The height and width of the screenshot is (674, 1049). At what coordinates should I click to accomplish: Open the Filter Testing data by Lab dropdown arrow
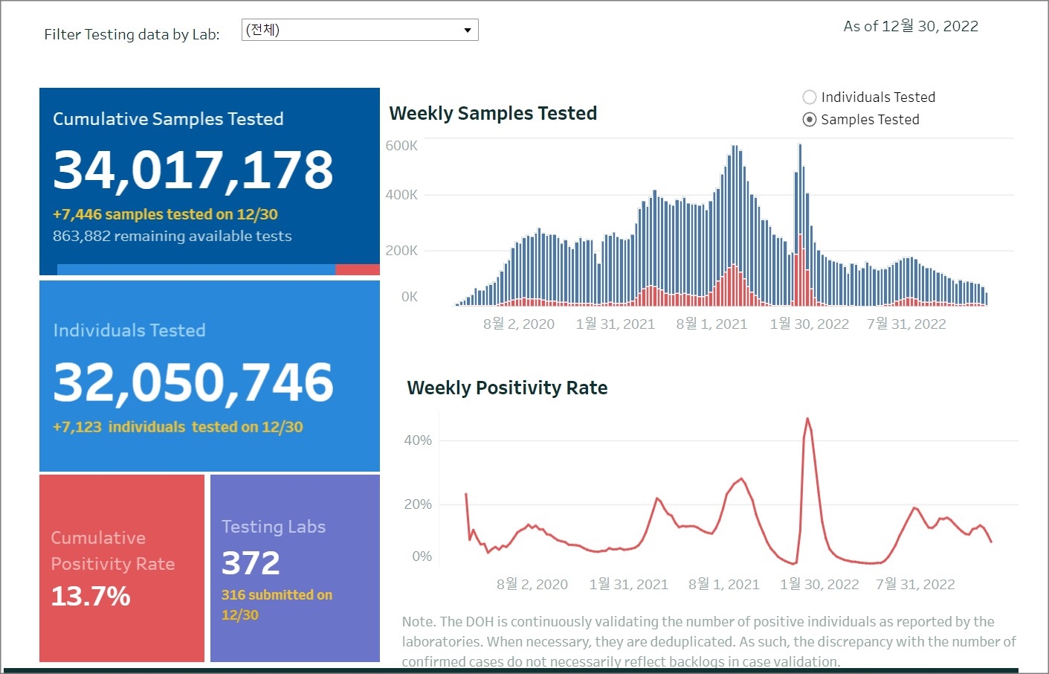468,31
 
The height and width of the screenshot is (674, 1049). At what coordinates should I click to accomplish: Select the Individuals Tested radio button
810,97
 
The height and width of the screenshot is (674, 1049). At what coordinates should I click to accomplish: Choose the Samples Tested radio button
810,120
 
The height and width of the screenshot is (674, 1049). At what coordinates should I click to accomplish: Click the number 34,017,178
193,170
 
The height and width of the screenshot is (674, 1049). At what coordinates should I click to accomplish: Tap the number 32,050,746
193,382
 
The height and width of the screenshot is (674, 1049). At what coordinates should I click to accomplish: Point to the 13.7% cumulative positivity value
91,596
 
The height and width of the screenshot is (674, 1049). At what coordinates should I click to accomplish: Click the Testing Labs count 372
251,563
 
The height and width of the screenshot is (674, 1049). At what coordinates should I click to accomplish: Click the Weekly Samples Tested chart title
493,113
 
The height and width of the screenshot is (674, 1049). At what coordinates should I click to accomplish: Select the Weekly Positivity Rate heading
507,388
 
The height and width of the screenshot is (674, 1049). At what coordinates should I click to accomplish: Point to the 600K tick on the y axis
401,146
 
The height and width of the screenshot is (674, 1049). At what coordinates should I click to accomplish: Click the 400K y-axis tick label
401,195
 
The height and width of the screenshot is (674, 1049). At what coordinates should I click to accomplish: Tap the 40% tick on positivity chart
418,440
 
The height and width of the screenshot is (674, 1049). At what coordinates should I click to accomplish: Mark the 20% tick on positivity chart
418,504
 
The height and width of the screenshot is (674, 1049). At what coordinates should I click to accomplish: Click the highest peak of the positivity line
807,420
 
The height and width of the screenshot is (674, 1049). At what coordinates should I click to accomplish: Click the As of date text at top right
911,27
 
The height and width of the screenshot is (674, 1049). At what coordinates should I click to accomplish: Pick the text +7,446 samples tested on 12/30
165,214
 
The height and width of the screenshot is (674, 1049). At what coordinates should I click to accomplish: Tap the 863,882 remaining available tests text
172,236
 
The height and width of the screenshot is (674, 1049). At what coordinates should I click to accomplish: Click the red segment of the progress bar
358,269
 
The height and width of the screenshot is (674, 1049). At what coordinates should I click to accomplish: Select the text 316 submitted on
277,595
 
